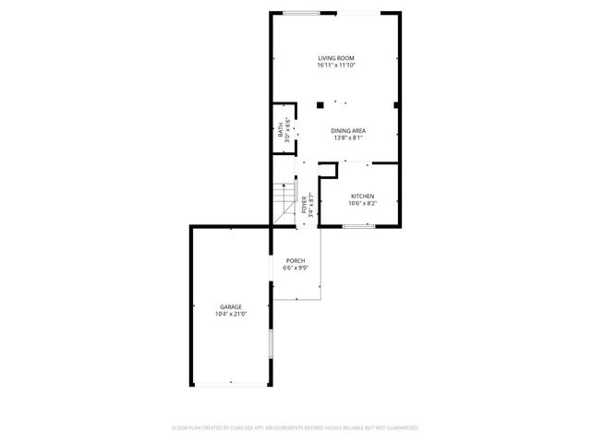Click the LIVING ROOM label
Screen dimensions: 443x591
pyautogui.click(x=336, y=58)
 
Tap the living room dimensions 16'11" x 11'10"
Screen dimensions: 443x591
pyautogui.click(x=336, y=66)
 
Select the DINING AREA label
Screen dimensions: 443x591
pyautogui.click(x=348, y=131)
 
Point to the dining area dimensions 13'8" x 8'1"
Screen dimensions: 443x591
pyautogui.click(x=348, y=138)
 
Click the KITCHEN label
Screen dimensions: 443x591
pyautogui.click(x=362, y=196)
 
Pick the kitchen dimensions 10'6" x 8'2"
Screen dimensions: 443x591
pyautogui.click(x=362, y=203)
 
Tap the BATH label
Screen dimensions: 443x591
pyautogui.click(x=281, y=130)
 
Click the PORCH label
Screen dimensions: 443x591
pyautogui.click(x=295, y=260)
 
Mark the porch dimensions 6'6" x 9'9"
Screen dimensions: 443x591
pyautogui.click(x=295, y=269)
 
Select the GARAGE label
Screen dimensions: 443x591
pyautogui.click(x=230, y=306)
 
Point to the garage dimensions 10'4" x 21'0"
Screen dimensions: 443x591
pyautogui.click(x=230, y=314)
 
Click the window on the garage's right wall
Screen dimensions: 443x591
pyautogui.click(x=271, y=345)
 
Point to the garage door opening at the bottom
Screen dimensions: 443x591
pyautogui.click(x=230, y=386)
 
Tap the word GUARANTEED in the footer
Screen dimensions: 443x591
pyautogui.click(x=400, y=428)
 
